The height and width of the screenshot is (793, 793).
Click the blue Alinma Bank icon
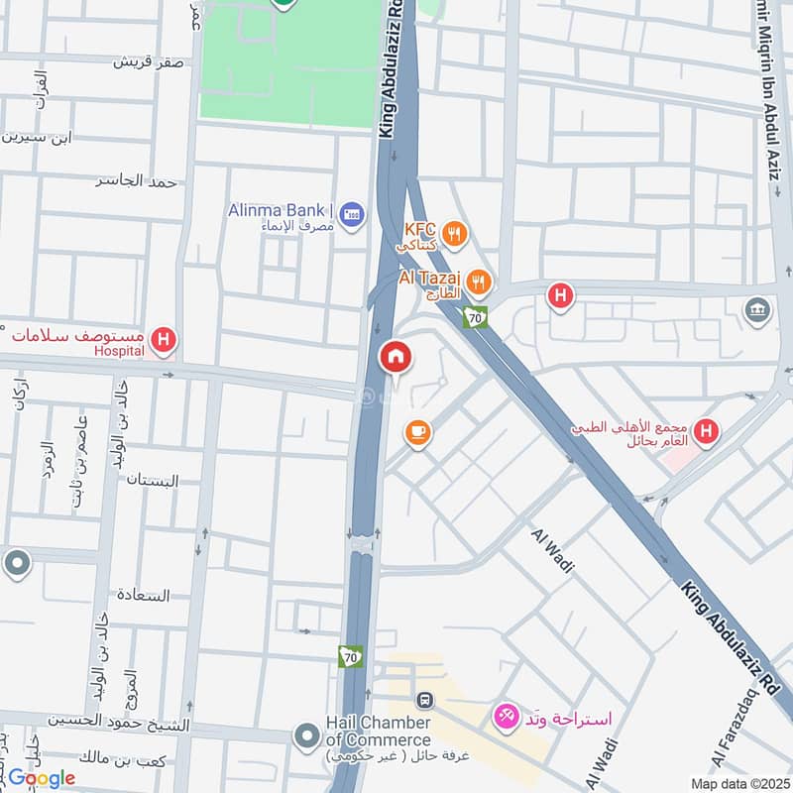pyautogui.click(x=351, y=213)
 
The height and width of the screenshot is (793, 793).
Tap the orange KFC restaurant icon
pyautogui.click(x=455, y=234)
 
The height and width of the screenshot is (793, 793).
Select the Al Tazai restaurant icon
pyautogui.click(x=479, y=281)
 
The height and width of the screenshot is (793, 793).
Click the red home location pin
pyautogui.click(x=396, y=355)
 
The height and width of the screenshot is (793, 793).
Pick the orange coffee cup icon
pyautogui.click(x=417, y=431)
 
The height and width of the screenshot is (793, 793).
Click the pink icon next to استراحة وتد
pyautogui.click(x=506, y=714)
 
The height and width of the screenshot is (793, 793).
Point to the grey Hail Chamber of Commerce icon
pyautogui.click(x=306, y=735)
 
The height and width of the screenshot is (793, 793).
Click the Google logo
pyautogui.click(x=42, y=778)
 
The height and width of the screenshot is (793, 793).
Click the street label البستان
pyautogui.click(x=153, y=481)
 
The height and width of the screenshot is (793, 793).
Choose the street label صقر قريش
pyautogui.click(x=148, y=61)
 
